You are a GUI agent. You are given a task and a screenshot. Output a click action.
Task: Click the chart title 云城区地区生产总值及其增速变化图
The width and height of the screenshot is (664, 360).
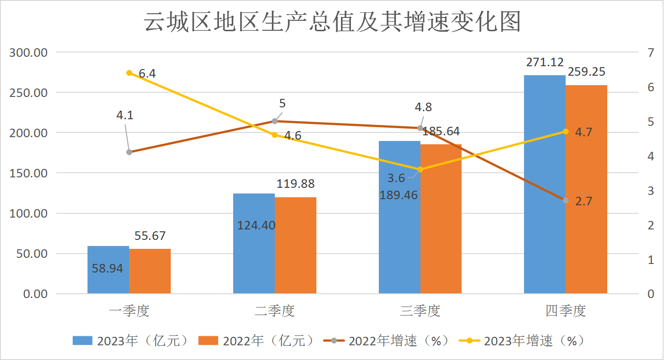(x=332, y=22)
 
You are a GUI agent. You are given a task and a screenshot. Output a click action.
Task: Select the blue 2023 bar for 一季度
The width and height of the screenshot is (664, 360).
(x=108, y=270)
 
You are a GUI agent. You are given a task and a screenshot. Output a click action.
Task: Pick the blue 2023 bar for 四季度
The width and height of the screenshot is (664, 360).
(x=544, y=184)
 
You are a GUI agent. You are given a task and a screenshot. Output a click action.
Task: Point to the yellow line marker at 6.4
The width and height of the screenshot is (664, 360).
(x=129, y=73)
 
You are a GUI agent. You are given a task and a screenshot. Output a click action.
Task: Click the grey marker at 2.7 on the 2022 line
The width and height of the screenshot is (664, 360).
(x=566, y=201)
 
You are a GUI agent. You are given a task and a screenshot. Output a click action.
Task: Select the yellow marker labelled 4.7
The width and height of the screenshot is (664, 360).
(x=566, y=132)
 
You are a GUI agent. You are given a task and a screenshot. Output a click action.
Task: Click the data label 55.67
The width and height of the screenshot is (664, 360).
(x=150, y=236)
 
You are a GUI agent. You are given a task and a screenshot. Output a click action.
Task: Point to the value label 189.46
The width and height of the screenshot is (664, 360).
(x=399, y=194)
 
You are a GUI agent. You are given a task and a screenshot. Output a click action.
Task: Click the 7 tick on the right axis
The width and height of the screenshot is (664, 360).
(x=651, y=53)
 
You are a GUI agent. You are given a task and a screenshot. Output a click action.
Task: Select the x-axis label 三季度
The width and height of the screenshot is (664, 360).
(x=420, y=311)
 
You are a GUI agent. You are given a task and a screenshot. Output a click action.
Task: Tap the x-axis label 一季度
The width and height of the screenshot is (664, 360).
(x=129, y=311)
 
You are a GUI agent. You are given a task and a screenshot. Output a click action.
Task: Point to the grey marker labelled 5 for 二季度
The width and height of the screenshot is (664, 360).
(x=275, y=121)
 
